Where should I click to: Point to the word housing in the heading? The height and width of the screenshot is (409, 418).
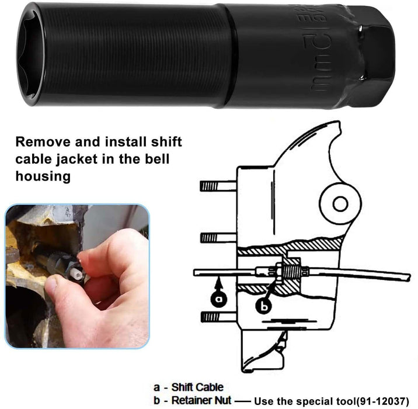pyautogui.click(x=43, y=176)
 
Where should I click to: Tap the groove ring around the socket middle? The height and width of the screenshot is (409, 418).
pyautogui.click(x=229, y=56)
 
